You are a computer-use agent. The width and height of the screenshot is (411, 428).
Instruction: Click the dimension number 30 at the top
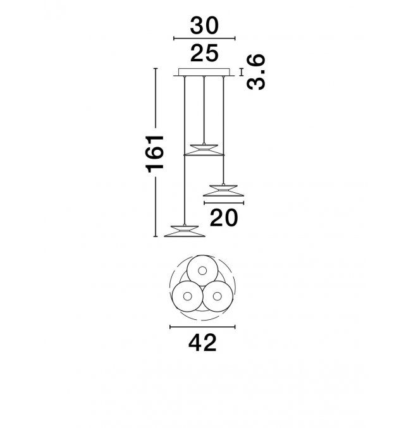tap(204, 25)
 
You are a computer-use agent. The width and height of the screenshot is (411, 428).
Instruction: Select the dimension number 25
tap(204, 53)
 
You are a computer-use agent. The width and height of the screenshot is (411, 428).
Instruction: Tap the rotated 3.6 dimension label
tap(256, 72)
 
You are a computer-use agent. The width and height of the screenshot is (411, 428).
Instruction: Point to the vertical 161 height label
tap(155, 154)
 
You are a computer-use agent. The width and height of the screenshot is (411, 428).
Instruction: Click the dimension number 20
tap(224, 217)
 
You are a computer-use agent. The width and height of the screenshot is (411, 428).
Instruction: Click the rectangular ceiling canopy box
tap(204, 72)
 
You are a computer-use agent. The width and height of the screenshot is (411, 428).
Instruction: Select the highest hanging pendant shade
tap(204, 150)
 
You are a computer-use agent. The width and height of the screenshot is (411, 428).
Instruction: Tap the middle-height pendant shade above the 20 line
tap(223, 190)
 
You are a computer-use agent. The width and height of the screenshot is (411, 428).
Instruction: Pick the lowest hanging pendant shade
tap(185, 231)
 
